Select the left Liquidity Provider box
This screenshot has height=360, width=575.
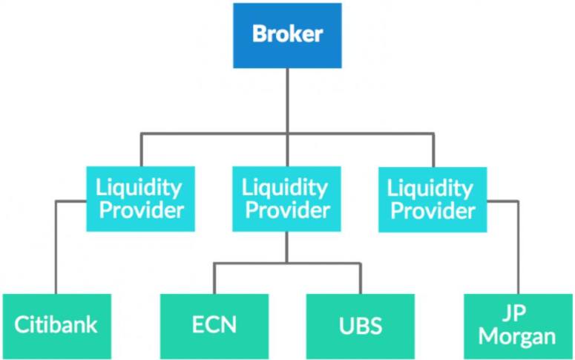click(x=140, y=198)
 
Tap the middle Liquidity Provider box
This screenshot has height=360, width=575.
click(x=286, y=198)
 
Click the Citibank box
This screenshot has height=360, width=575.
click(x=56, y=326)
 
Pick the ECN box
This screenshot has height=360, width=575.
click(x=214, y=326)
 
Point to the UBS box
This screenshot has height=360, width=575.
click(x=361, y=326)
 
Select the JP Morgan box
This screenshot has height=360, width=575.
click(x=517, y=326)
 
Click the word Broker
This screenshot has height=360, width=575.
click(x=287, y=34)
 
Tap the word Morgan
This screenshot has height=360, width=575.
click(x=517, y=336)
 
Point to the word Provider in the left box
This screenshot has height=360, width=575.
click(x=141, y=210)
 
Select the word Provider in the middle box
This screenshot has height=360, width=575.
click(x=287, y=210)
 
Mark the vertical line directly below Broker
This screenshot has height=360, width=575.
click(x=287, y=100)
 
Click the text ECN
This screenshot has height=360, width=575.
click(x=214, y=326)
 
